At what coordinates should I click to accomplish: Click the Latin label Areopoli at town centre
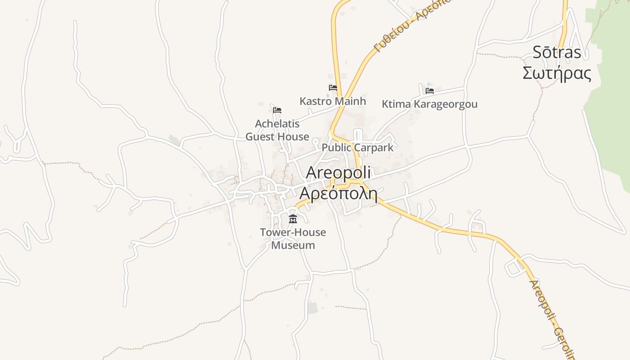(338, 173)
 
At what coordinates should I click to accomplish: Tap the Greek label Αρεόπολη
(338, 193)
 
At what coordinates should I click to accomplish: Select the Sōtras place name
(557, 53)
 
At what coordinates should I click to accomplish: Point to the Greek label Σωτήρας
(557, 73)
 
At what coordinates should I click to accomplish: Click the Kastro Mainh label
(333, 101)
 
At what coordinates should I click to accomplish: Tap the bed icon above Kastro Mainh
(333, 87)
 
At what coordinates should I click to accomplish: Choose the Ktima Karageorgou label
(429, 104)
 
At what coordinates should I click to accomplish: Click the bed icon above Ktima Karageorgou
(430, 90)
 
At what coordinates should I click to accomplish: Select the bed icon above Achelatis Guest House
(277, 110)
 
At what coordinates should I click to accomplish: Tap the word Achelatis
(277, 124)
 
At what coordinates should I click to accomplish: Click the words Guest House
(277, 137)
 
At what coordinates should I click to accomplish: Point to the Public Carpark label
(357, 148)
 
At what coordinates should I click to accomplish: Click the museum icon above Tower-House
(293, 219)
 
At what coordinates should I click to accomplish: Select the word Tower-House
(293, 233)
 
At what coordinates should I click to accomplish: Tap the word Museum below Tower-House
(293, 245)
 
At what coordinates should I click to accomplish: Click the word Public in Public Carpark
(336, 148)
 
